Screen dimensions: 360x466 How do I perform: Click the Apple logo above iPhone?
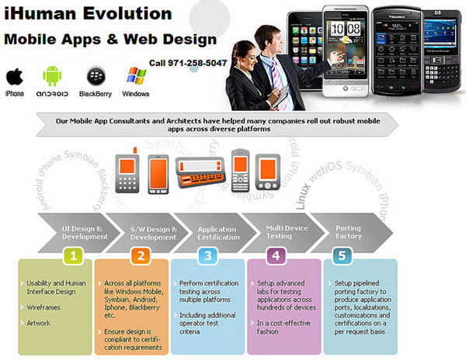tap(14, 77)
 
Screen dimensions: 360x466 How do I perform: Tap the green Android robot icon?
tap(53, 77)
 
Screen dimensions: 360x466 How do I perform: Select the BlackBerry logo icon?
tap(97, 77)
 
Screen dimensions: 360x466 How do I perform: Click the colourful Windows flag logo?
tap(137, 76)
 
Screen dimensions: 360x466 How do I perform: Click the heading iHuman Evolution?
tap(87, 13)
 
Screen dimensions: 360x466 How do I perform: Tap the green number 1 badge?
tap(72, 254)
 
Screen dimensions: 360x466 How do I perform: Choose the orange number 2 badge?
tap(141, 254)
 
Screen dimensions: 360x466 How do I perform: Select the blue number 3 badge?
tap(208, 254)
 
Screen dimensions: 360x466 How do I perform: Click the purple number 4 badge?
tap(277, 254)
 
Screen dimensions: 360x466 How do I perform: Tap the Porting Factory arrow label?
tap(348, 233)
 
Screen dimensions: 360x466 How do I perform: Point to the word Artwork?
tap(40, 323)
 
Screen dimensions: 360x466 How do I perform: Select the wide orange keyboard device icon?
tap(201, 173)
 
